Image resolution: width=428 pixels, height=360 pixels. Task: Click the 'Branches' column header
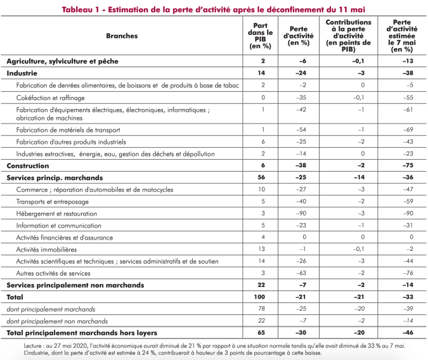122,36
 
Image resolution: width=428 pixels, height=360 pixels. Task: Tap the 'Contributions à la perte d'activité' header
348,36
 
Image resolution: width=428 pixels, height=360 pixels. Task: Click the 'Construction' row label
29,165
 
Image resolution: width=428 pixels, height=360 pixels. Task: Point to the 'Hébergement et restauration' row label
56,214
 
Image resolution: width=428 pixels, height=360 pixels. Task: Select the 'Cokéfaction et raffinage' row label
50,98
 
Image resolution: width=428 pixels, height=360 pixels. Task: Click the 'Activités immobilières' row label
47,249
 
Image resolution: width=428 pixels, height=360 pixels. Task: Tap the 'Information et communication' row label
58,226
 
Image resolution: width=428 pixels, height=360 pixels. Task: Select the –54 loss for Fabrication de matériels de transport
302,129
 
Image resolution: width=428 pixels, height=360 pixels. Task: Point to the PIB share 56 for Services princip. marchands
261,177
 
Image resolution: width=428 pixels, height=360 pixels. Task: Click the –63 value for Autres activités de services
302,273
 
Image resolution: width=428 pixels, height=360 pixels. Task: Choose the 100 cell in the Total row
261,297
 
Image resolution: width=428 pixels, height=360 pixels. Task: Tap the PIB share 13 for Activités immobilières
261,249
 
